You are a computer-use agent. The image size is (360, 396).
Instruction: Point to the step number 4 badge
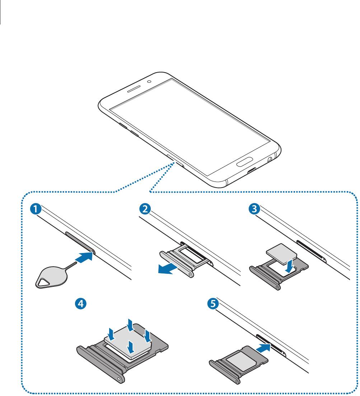tap(81, 304)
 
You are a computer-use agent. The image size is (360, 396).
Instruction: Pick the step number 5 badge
tap(213, 304)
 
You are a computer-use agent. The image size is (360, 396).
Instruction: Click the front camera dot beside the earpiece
tap(149, 81)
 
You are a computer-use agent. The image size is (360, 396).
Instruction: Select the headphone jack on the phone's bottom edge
tap(268, 158)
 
